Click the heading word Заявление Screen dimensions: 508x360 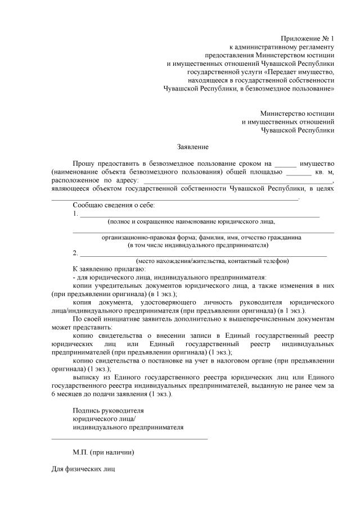pyautogui.click(x=192, y=148)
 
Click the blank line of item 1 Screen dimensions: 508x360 pyautogui.click(x=200, y=216)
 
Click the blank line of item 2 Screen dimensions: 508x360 pyautogui.click(x=203, y=255)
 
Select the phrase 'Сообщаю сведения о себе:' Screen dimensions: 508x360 pyautogui.click(x=114, y=206)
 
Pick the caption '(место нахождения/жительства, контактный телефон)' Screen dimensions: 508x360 pyautogui.click(x=213, y=261)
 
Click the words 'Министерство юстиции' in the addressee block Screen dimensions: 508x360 pyautogui.click(x=297, y=113)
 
